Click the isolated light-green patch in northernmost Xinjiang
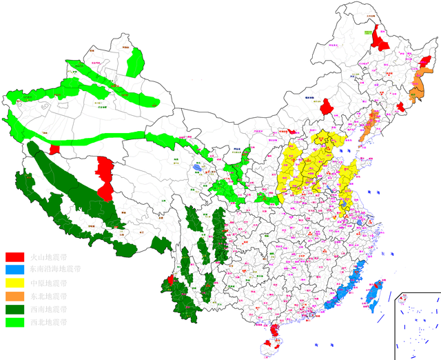click(x=136, y=62)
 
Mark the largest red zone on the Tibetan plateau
click(x=105, y=178)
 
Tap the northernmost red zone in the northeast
click(x=379, y=39)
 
